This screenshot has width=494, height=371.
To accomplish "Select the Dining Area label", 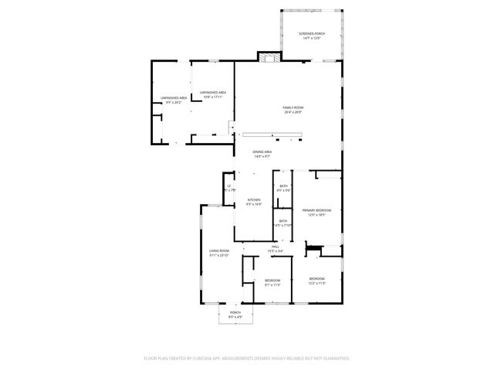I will click(262, 151).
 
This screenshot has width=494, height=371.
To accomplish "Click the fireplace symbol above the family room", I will click(269, 58).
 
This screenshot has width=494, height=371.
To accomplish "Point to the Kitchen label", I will click(254, 200).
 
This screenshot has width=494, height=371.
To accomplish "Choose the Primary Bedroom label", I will click(316, 210).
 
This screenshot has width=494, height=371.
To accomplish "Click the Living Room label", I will click(219, 251).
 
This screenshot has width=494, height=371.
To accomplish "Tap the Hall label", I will click(275, 247).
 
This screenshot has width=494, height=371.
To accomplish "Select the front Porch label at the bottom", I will click(235, 312).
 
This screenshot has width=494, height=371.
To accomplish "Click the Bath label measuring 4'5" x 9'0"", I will click(283, 186).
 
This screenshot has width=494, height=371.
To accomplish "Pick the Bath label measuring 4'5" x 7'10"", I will click(283, 222).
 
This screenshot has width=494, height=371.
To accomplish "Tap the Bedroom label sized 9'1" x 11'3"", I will click(272, 280).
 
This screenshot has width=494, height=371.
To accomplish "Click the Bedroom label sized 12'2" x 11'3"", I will click(317, 278).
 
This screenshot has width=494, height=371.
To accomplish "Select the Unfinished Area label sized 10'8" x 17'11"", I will click(212, 92).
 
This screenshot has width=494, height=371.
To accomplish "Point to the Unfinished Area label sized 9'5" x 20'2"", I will click(174, 98).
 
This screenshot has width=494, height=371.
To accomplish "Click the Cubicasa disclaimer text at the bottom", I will click(247, 358).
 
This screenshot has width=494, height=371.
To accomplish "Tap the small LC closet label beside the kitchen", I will click(229, 186).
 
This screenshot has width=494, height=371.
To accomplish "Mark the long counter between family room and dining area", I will click(272, 135).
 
